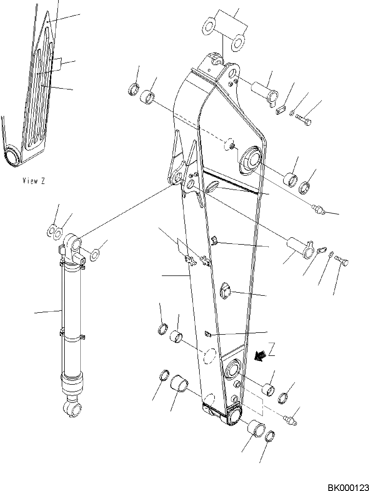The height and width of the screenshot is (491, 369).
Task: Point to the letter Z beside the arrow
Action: pyautogui.click(x=271, y=350)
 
